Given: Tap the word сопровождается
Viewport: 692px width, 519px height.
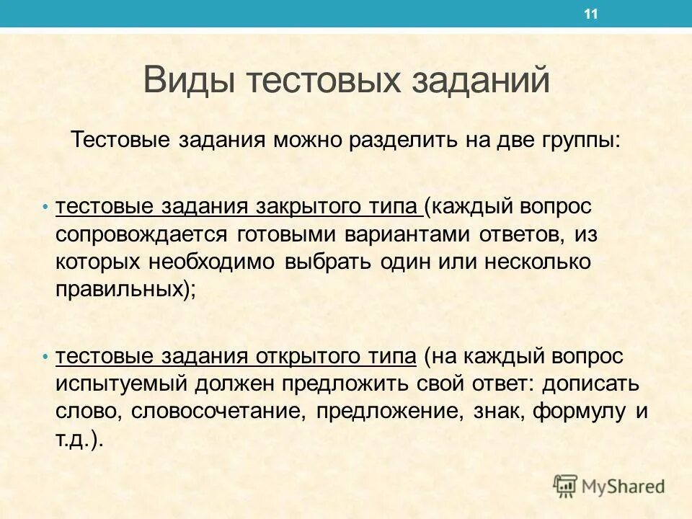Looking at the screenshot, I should pyautogui.click(x=140, y=234).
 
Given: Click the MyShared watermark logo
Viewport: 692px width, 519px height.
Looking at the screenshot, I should pyautogui.click(x=609, y=486).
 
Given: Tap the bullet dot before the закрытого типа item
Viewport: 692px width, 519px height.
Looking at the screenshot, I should pyautogui.click(x=45, y=208).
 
